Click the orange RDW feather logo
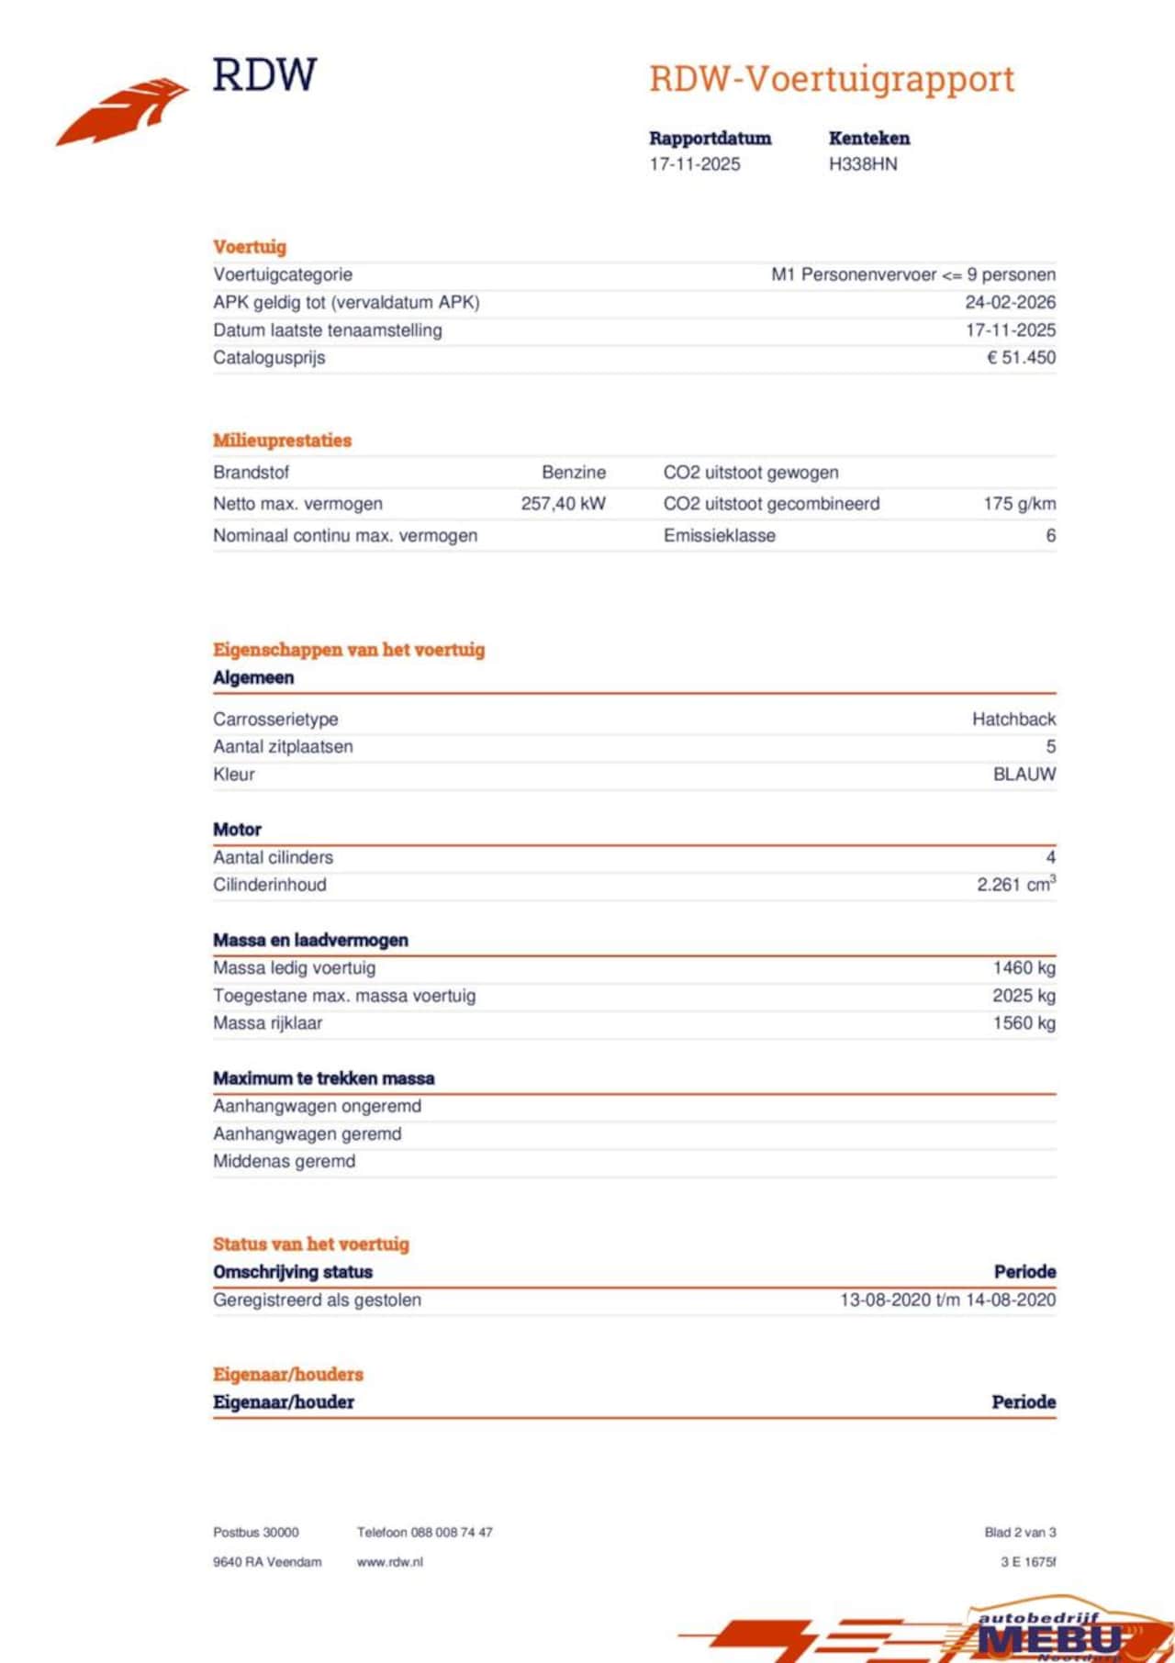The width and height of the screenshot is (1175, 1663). pyautogui.click(x=123, y=111)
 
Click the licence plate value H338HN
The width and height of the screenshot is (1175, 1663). pyautogui.click(x=862, y=164)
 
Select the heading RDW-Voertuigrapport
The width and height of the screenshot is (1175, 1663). pyautogui.click(x=832, y=79)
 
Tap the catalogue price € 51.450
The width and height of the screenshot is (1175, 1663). pyautogui.click(x=1021, y=358)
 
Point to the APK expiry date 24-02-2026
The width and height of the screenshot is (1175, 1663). pyautogui.click(x=1010, y=302)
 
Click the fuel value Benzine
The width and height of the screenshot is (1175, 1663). pyautogui.click(x=574, y=473)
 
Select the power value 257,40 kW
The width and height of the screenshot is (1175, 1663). pyautogui.click(x=563, y=504)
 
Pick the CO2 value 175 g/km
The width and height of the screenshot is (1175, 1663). pyautogui.click(x=1019, y=504)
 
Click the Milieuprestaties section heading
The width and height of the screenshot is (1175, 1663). pyautogui.click(x=282, y=441)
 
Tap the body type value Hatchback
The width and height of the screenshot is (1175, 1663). pyautogui.click(x=1013, y=720)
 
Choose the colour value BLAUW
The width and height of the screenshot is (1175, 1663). pyautogui.click(x=1024, y=775)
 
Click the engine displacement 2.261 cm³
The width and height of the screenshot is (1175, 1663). pyautogui.click(x=1015, y=885)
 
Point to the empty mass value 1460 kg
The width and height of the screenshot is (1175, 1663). pyautogui.click(x=1024, y=968)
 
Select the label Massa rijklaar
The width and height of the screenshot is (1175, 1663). pyautogui.click(x=267, y=1023)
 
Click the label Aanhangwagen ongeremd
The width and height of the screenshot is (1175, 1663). pyautogui.click(x=317, y=1106)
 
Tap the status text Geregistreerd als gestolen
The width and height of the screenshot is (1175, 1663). pyautogui.click(x=317, y=1300)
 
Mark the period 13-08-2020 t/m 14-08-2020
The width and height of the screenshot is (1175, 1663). pyautogui.click(x=947, y=1300)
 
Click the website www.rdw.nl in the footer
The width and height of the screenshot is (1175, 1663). pyautogui.click(x=389, y=1562)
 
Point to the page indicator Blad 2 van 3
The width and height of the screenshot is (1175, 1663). pyautogui.click(x=1020, y=1533)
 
